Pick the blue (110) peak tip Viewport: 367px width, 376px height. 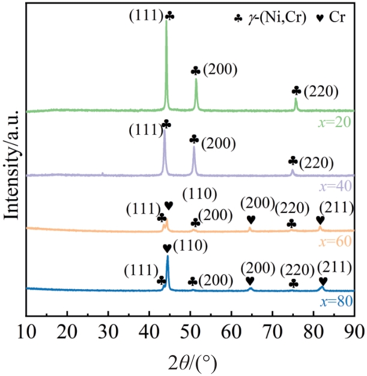click(x=168, y=257)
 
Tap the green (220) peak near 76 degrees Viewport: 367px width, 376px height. click(x=296, y=99)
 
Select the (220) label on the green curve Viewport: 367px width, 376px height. click(x=322, y=91)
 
